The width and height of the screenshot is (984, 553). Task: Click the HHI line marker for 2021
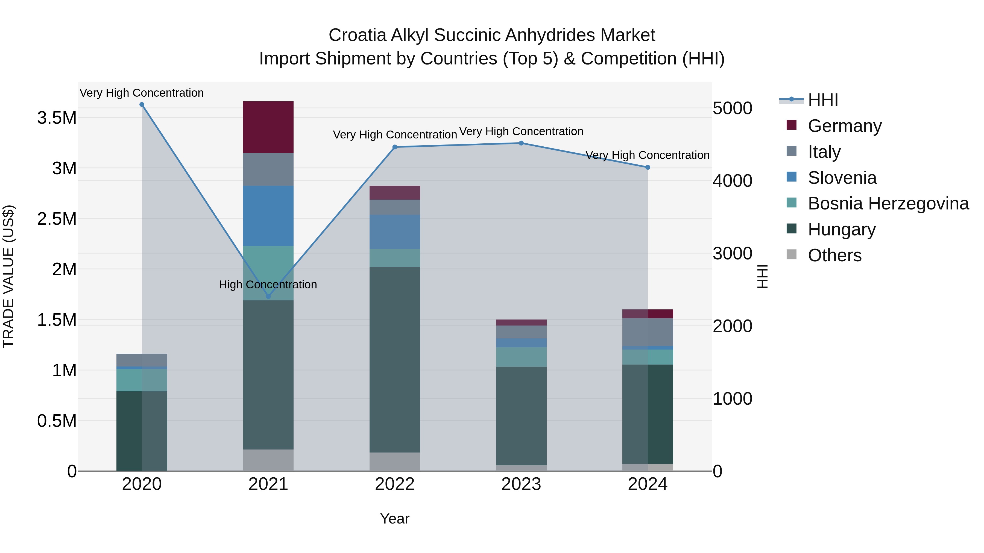pos(268,297)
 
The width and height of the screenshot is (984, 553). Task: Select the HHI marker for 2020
pos(142,105)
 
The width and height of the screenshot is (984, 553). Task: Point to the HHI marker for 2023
pos(521,143)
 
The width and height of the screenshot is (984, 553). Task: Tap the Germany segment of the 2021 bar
pos(268,127)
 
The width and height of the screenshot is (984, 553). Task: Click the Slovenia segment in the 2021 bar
pos(268,216)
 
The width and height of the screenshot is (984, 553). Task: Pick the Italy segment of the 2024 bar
pos(648,332)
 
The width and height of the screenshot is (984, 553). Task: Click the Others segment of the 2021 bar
pos(268,460)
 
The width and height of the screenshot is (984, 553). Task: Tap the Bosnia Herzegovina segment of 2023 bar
pos(521,357)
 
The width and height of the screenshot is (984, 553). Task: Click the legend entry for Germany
pos(845,126)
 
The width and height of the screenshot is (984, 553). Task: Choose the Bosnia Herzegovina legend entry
pos(888,204)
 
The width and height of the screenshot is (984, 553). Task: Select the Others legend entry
pos(835,255)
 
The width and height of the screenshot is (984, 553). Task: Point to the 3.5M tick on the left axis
pos(57,118)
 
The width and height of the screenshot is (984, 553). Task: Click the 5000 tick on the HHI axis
pos(732,108)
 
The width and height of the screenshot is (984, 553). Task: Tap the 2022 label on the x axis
pos(395,484)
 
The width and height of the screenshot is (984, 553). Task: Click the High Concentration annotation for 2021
pos(268,285)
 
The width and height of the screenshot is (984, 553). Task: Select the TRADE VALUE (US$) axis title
pos(9,276)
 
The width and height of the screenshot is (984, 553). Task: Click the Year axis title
pos(395,519)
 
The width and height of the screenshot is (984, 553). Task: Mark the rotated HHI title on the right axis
pos(762,276)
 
